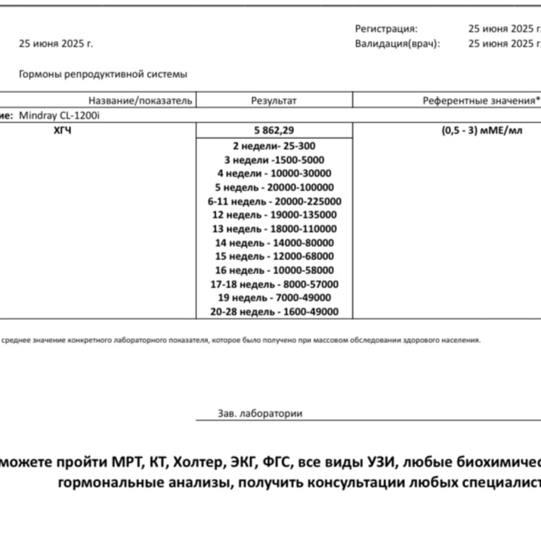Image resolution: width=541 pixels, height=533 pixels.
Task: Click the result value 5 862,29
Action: [274, 130]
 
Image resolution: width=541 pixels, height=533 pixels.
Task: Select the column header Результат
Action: [274, 101]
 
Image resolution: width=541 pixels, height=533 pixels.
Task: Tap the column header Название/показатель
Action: [140, 101]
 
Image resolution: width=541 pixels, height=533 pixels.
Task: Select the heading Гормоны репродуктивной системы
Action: [103, 75]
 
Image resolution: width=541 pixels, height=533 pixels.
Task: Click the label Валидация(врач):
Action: [398, 44]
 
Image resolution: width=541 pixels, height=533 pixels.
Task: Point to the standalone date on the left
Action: [56, 44]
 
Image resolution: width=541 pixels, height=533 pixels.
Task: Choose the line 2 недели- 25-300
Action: [274, 146]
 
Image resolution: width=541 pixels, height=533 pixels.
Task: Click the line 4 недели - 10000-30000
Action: [274, 174]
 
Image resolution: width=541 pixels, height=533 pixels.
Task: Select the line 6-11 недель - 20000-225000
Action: [274, 201]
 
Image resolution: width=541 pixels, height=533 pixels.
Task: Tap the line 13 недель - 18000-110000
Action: [274, 229]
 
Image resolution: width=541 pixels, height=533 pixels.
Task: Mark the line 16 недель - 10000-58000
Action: [274, 270]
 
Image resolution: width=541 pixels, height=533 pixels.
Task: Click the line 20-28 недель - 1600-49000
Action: [274, 312]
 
